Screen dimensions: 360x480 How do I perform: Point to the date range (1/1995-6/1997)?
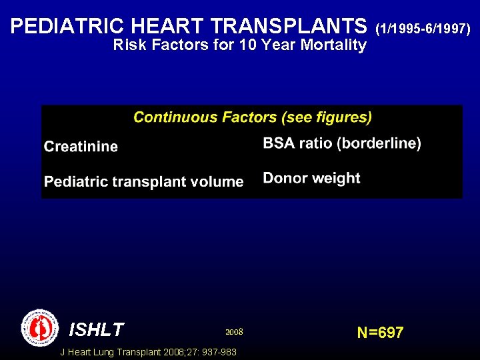pos(423,29)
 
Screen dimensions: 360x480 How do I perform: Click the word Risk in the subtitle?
pos(127,45)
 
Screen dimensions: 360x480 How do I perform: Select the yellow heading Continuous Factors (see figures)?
pos(253,117)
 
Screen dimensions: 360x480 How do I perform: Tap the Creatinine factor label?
pos(81,147)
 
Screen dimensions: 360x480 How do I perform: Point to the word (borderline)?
pos(379,143)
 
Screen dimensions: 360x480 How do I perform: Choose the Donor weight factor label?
pos(311,178)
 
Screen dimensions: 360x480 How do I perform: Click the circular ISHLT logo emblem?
pos(40,327)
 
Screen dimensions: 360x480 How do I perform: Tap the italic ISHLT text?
pos(96,330)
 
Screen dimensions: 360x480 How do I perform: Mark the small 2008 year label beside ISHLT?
pos(234,331)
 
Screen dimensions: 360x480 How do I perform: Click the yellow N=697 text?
pos(380,333)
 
